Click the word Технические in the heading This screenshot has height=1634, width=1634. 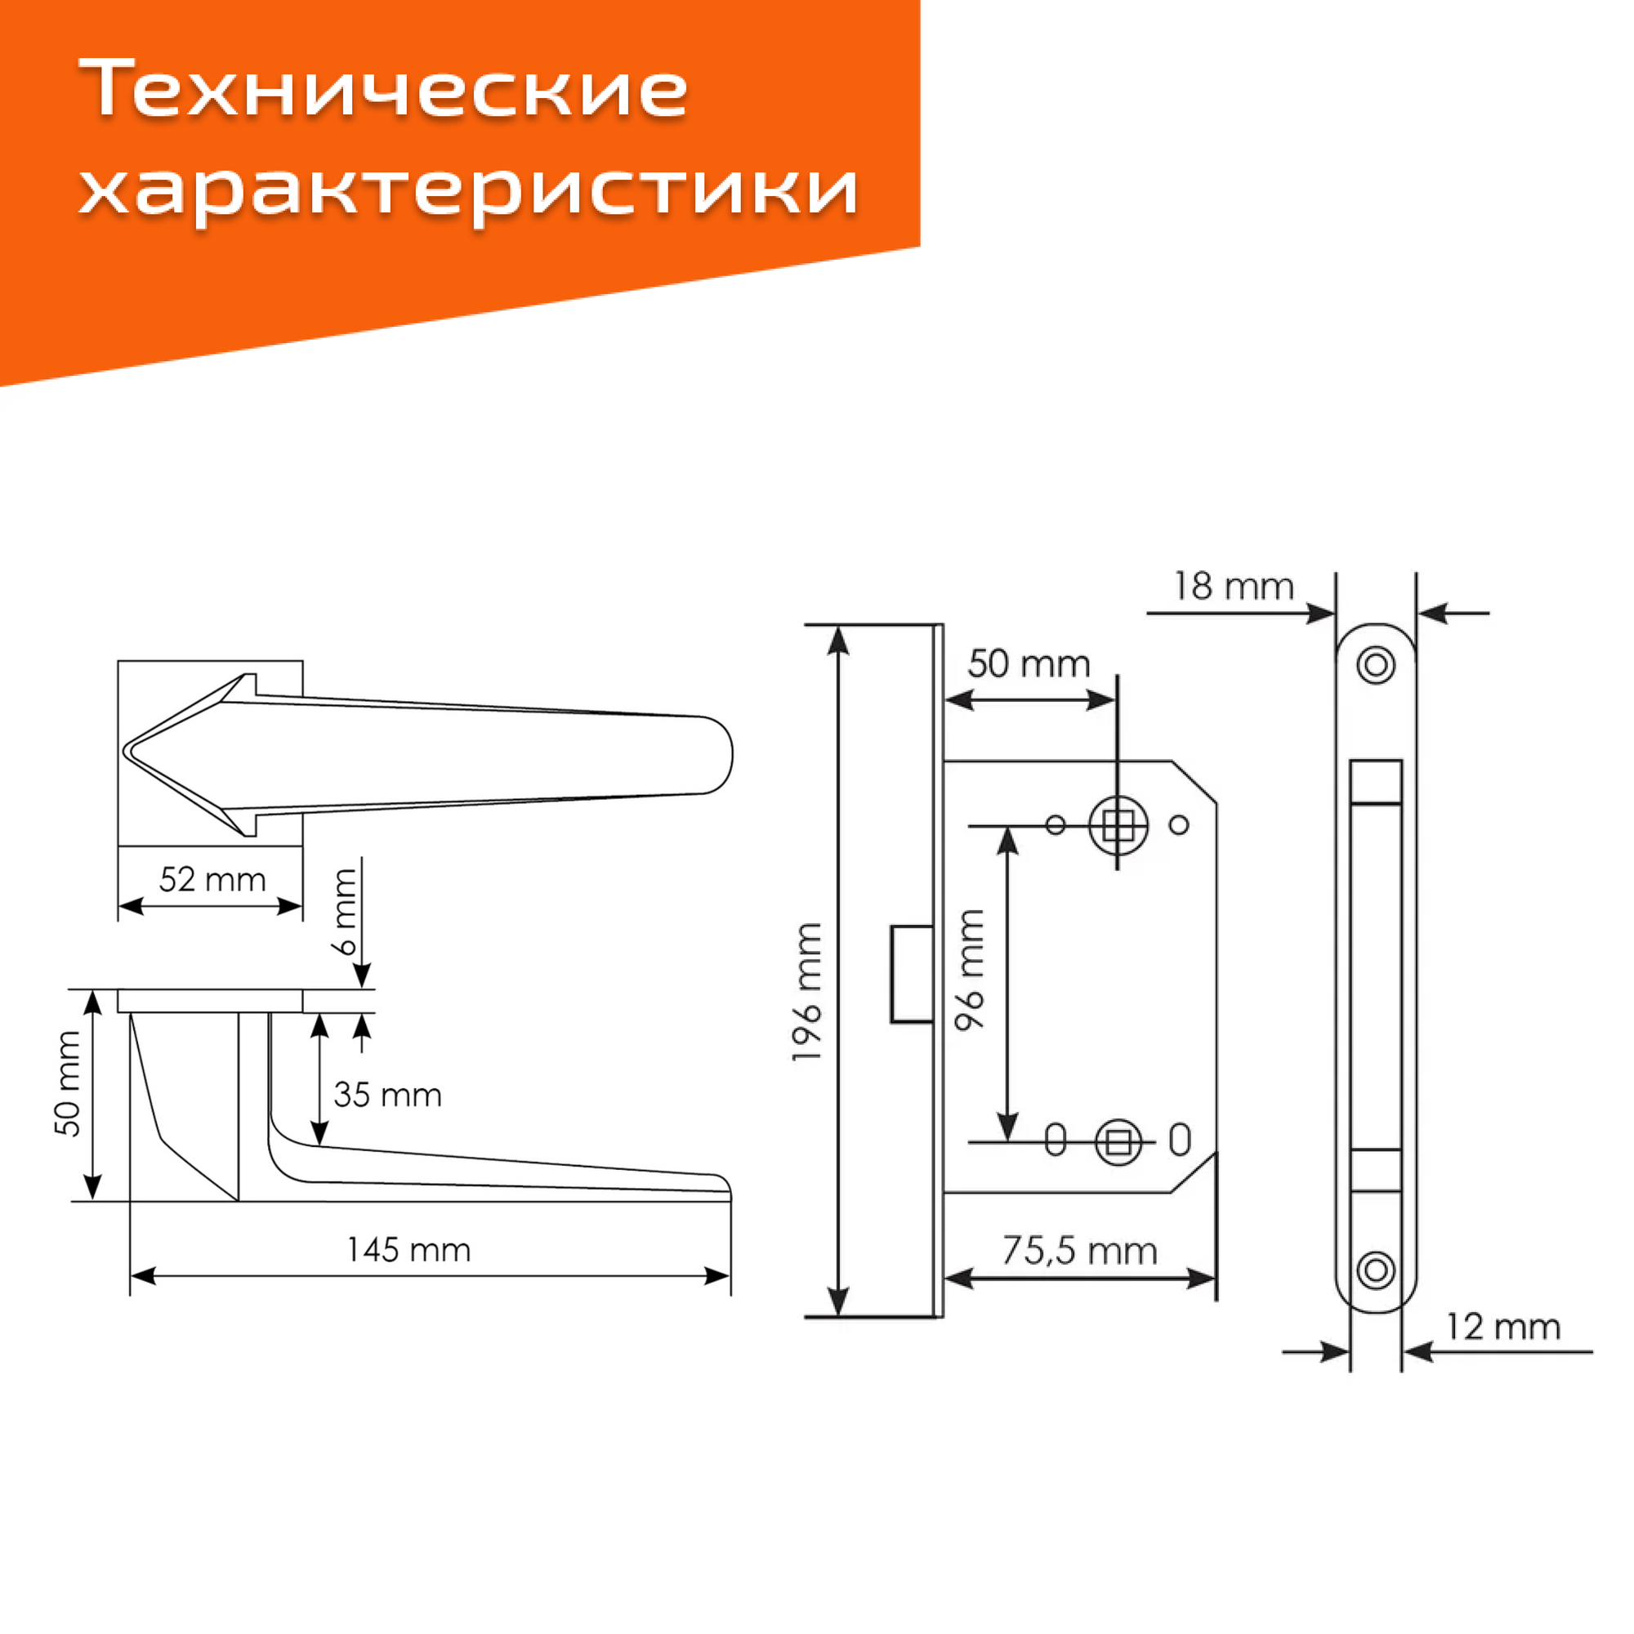coord(384,89)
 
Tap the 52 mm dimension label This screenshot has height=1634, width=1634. coord(212,881)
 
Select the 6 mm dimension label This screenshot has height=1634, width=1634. coord(345,911)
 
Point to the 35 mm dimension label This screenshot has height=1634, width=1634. coord(387,1096)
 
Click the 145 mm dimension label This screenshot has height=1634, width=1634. coord(408,1250)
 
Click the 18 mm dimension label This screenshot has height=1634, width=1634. coord(1233,587)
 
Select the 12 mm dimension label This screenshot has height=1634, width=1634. coord(1502,1327)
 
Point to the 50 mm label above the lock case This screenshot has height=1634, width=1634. coord(1029,664)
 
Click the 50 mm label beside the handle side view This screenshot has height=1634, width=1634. coord(68,1083)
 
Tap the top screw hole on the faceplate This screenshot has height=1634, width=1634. coord(1376,665)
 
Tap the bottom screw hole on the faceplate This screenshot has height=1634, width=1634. coord(1376,1270)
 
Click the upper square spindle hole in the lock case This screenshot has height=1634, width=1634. coord(1118,824)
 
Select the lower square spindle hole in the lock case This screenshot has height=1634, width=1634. coord(1118,1144)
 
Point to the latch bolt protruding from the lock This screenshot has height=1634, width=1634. coord(912,975)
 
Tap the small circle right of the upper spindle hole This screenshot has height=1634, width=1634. coord(1179,824)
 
